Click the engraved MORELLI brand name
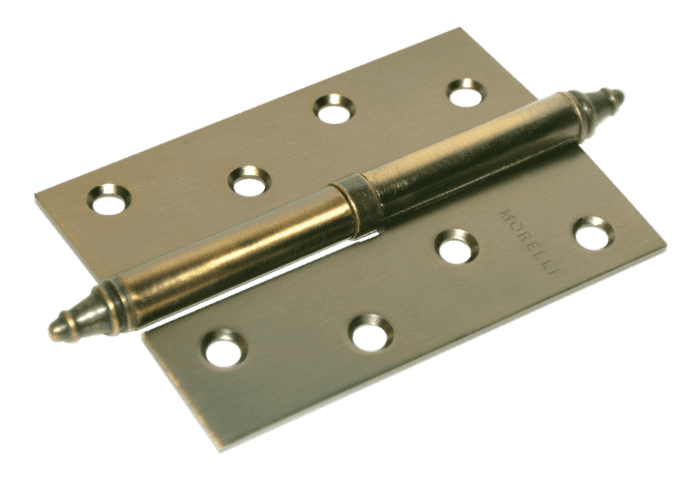coord(529,242)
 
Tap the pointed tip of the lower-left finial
coord(50,330)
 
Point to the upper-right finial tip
coord(621,96)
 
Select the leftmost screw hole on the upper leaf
coord(109,199)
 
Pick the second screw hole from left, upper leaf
coord(249,181)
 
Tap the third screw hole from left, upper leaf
coord(334,109)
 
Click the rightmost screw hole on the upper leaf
coord(467,93)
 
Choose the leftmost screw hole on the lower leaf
coord(224,348)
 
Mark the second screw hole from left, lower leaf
coord(371,333)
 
